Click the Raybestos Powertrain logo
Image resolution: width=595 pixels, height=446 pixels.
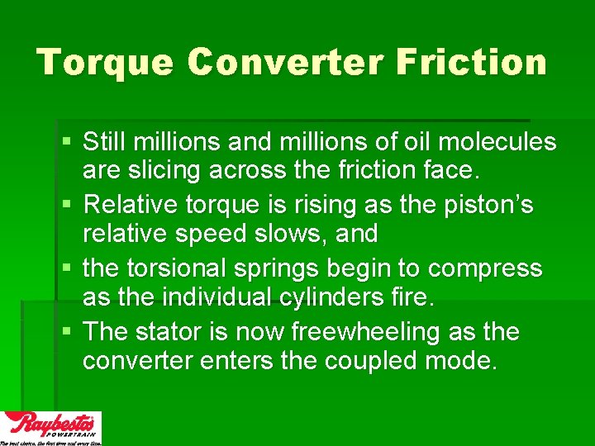click(51, 428)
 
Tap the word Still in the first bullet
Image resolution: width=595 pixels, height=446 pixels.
click(105, 142)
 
